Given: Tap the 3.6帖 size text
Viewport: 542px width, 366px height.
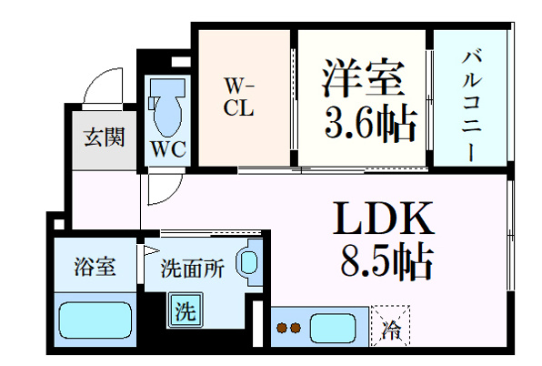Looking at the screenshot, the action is (x=370, y=123).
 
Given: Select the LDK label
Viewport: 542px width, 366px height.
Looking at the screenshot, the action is (x=384, y=219).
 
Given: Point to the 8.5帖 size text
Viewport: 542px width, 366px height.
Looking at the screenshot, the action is (x=386, y=262).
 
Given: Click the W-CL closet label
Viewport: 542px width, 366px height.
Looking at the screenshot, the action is (x=239, y=97).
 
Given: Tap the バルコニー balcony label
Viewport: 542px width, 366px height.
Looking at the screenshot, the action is (x=471, y=106).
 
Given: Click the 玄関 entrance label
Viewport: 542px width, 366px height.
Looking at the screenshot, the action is (x=105, y=137).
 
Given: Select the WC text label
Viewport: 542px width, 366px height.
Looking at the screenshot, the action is (x=168, y=149).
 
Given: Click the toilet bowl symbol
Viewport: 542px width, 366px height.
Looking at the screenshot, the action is (x=167, y=107).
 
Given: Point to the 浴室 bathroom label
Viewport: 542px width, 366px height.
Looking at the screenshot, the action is (x=95, y=267).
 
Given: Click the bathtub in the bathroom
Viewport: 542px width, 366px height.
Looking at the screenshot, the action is (x=95, y=320).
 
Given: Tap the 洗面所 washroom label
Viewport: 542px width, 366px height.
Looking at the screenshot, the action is (x=192, y=268).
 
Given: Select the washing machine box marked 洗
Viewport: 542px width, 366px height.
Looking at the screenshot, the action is (x=185, y=310).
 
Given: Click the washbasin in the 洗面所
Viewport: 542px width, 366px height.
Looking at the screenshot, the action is (x=249, y=262).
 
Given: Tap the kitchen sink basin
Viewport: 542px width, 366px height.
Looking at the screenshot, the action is (x=333, y=328).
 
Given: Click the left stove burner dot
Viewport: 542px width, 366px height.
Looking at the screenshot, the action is (x=282, y=328).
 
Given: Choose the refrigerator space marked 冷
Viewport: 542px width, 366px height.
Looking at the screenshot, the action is (x=390, y=326).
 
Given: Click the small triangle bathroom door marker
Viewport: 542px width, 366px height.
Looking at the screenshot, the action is (x=151, y=250).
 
